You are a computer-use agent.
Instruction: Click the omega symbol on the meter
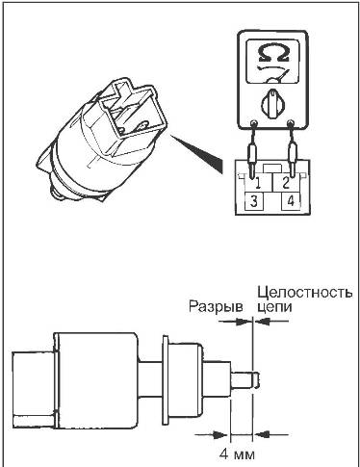[272, 53]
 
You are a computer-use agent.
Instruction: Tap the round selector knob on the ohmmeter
[272, 102]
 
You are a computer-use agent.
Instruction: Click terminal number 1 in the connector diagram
[258, 184]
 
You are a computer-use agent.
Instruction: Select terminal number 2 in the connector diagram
[286, 184]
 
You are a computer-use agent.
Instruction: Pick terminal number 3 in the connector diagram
[254, 201]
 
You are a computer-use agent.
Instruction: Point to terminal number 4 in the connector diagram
[291, 201]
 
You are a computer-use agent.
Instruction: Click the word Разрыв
[216, 307]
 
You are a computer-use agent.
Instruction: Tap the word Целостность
[305, 293]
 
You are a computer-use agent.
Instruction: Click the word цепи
[274, 307]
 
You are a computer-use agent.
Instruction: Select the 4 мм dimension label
[237, 454]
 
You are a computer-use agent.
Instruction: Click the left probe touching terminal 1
[251, 161]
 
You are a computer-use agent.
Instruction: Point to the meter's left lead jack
[254, 122]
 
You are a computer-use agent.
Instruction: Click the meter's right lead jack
[291, 122]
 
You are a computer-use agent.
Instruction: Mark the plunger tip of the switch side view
[256, 378]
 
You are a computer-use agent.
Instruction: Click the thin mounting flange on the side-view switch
[166, 379]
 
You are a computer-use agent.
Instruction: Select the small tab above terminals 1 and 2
[272, 169]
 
